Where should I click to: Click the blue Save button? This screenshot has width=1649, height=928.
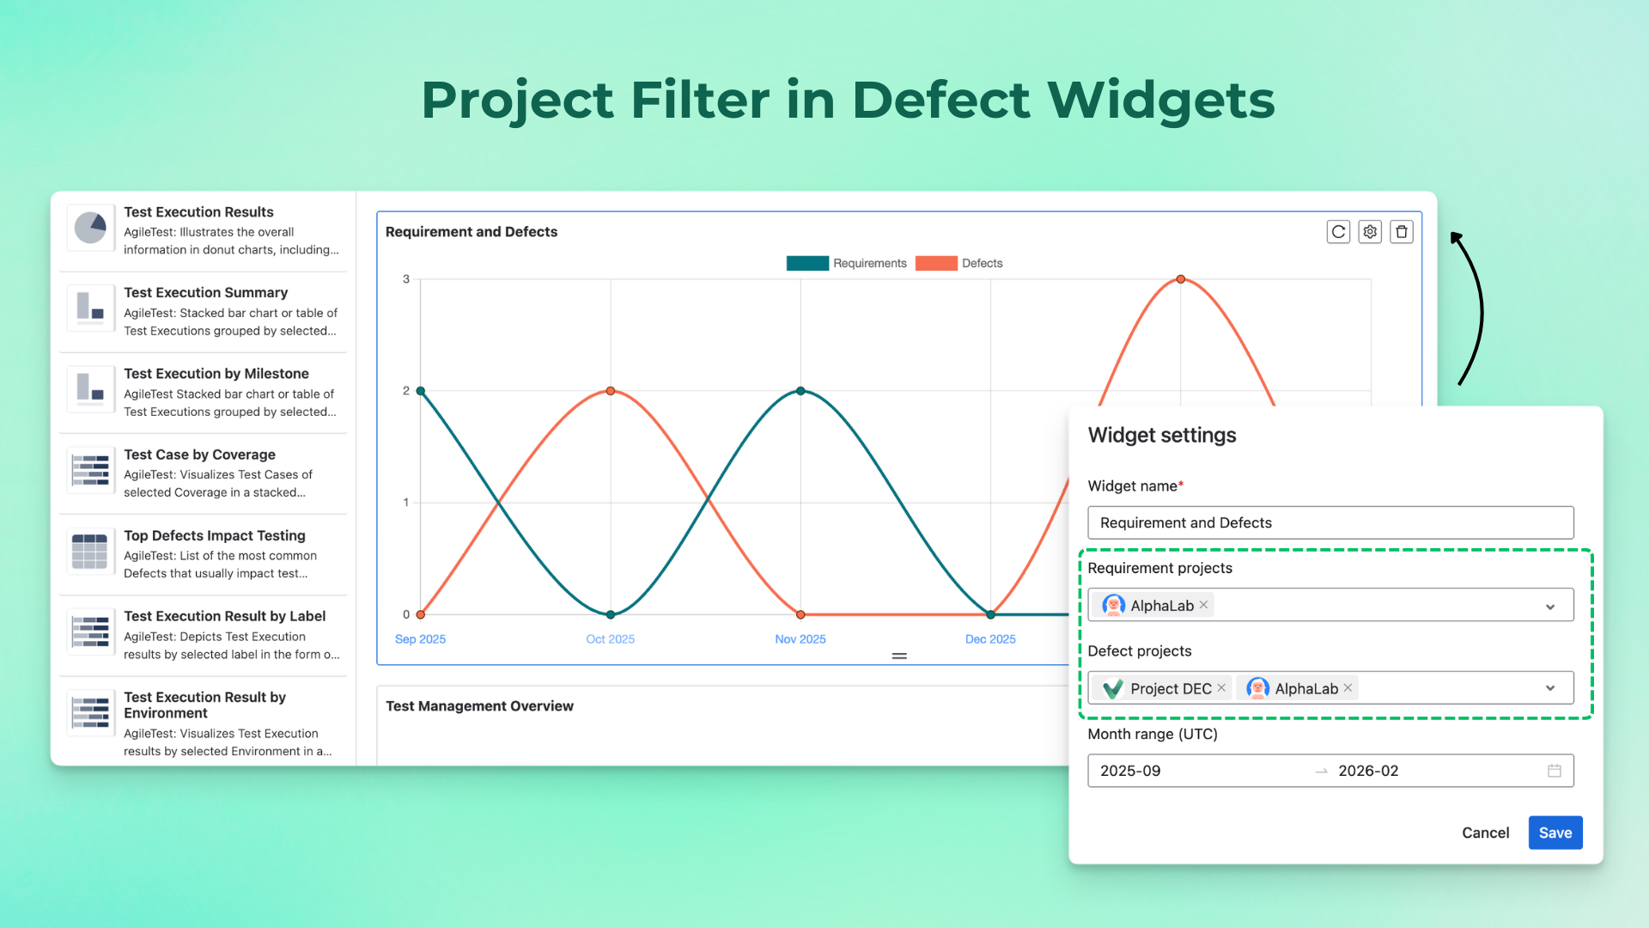pyautogui.click(x=1555, y=833)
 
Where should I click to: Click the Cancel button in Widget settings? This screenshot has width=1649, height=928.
pyautogui.click(x=1485, y=833)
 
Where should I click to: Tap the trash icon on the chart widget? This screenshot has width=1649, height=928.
pyautogui.click(x=1402, y=232)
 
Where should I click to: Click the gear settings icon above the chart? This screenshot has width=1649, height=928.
pyautogui.click(x=1370, y=232)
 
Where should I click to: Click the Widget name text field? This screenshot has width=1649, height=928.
pyautogui.click(x=1330, y=522)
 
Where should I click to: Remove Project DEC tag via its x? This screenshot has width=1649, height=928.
pyautogui.click(x=1221, y=688)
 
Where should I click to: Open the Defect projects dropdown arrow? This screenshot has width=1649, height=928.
pyautogui.click(x=1550, y=688)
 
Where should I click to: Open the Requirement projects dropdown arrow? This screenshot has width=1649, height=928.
pyautogui.click(x=1550, y=607)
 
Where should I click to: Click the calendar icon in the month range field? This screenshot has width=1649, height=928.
pyautogui.click(x=1554, y=771)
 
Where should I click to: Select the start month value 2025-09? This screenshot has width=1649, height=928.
pyautogui.click(x=1130, y=771)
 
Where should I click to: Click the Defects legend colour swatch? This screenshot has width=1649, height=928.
pyautogui.click(x=936, y=264)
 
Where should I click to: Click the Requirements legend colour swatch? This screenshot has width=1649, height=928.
pyautogui.click(x=807, y=264)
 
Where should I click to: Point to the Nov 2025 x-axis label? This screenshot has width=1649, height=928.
pyautogui.click(x=800, y=639)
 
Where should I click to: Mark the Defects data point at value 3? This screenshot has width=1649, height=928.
pyautogui.click(x=1181, y=279)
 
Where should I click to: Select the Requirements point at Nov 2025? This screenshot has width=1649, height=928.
pyautogui.click(x=800, y=391)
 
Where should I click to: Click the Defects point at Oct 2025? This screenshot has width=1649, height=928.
pyautogui.click(x=611, y=391)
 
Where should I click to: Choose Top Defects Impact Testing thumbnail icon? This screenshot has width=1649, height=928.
pyautogui.click(x=90, y=552)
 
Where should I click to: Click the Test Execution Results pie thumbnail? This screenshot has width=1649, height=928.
pyautogui.click(x=90, y=229)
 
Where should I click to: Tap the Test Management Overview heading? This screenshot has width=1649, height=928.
pyautogui.click(x=479, y=706)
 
